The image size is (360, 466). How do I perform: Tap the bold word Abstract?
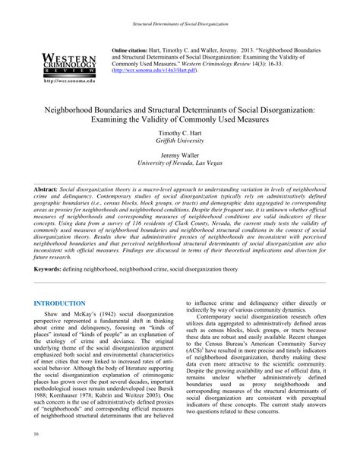46,186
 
